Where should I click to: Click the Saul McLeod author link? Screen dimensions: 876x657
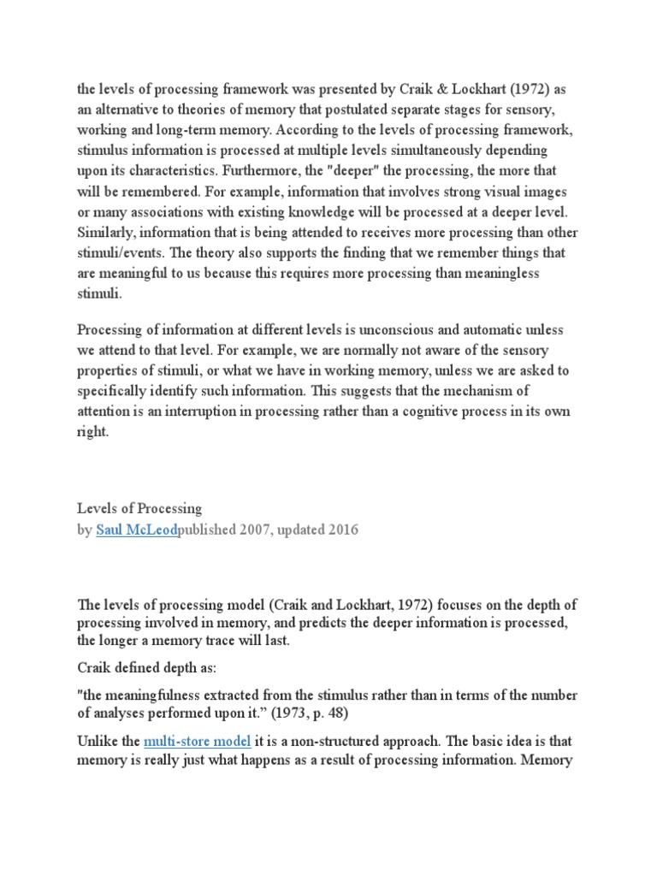(137, 530)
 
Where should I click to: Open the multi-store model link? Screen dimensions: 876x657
(198, 741)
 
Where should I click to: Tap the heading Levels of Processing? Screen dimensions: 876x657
(139, 509)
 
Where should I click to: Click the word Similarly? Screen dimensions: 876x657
(109, 234)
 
